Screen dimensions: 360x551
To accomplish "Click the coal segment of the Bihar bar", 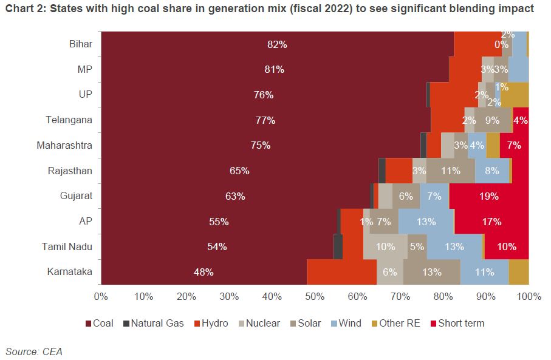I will (277, 44).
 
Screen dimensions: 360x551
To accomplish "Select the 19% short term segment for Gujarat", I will (488, 196).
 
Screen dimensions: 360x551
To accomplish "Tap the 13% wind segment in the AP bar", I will (426, 222).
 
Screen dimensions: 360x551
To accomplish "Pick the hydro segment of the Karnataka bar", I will (341, 272).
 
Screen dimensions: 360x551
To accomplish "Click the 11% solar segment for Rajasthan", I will (450, 171).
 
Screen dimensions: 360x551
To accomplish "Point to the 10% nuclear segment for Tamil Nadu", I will (385, 246).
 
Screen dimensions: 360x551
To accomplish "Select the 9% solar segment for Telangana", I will (493, 120).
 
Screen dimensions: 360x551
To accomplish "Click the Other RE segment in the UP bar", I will (515, 95).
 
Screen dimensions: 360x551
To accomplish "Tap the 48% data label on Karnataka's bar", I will (204, 273).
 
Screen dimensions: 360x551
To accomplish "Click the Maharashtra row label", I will (64, 146).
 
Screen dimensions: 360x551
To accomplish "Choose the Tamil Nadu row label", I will (67, 246).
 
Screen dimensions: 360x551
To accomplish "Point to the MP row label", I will (84, 69).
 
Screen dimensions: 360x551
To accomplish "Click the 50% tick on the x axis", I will (315, 296).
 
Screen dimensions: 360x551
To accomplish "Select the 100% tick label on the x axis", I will (528, 296).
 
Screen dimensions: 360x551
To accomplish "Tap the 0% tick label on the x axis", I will (101, 296).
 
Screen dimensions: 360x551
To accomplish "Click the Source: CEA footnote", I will (34, 351).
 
